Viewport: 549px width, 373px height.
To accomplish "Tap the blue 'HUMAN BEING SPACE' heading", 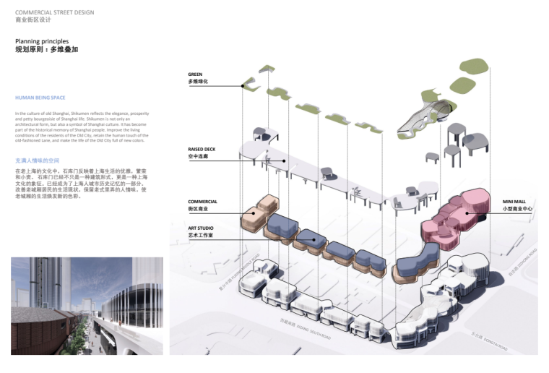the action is tap(40, 98).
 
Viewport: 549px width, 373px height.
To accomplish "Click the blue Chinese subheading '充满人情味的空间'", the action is tap(37, 160).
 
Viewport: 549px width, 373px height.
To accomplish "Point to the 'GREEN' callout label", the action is tap(195, 74).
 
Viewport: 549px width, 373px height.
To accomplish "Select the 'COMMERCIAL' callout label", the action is tap(203, 202).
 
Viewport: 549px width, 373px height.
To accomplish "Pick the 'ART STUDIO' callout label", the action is tap(202, 228).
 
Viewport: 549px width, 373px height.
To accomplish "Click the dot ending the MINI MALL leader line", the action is tap(468, 213).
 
